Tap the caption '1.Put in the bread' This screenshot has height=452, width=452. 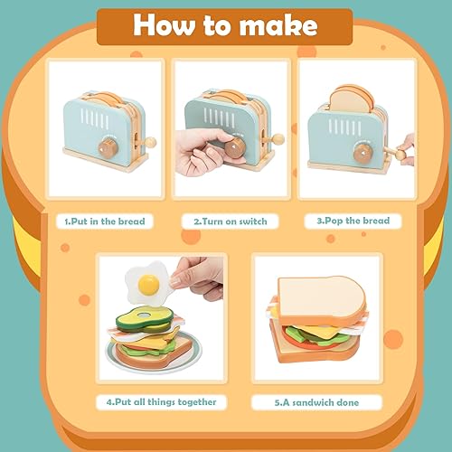pyautogui.click(x=104, y=221)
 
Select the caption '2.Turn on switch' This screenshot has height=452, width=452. pyautogui.click(x=230, y=221)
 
